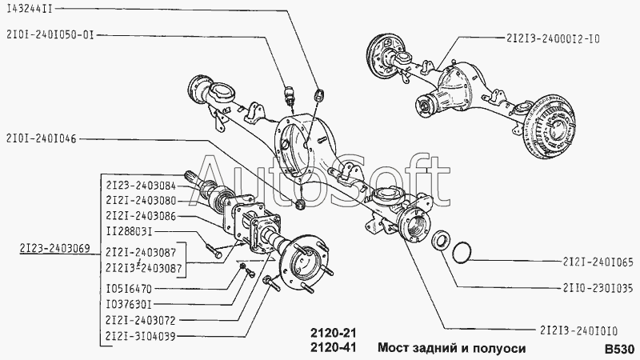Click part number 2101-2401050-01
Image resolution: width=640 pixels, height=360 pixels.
54,34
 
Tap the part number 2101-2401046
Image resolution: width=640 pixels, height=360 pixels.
40,138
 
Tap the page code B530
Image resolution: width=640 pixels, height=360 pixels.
619,349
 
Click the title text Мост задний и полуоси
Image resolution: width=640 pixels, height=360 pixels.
452,349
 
